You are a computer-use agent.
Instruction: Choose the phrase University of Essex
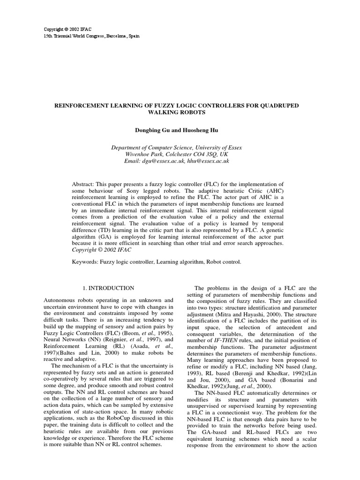point(218,147)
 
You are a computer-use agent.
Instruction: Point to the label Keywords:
point(84,262)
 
